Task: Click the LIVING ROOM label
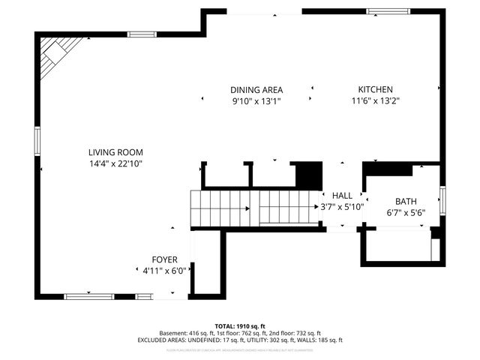(x=115, y=152)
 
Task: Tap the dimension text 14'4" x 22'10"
(x=115, y=163)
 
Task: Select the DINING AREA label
(x=256, y=90)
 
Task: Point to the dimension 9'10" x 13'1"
(x=256, y=100)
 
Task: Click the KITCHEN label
(x=375, y=90)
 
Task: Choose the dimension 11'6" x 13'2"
(x=375, y=100)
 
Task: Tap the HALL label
(x=342, y=196)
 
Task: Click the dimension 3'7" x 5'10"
(x=342, y=206)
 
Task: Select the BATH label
(x=406, y=202)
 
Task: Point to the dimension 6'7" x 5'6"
(x=406, y=212)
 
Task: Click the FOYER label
(x=165, y=259)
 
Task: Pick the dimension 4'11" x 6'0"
(x=165, y=270)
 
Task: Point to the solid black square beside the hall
(x=307, y=175)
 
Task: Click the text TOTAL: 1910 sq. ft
(x=239, y=326)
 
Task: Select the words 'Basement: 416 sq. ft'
(x=185, y=333)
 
